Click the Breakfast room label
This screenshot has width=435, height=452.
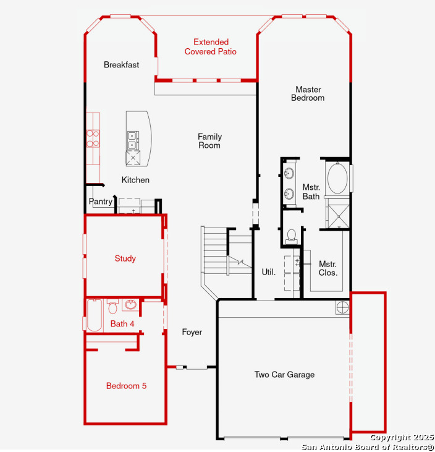pos(121,64)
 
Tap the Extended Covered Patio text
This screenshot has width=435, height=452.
pos(211,47)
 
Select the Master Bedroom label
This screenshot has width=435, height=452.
pos(308,93)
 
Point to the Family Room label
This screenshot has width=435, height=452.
pos(209,141)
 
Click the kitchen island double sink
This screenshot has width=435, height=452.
pos(133,140)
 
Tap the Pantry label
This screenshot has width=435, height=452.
pos(101,201)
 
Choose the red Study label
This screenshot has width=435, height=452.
pos(125,258)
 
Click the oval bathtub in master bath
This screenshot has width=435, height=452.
pos(337,179)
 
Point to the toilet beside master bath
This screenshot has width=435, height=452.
pos(292,236)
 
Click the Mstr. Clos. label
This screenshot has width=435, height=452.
pos(328,268)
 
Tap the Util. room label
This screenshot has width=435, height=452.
pos(269,272)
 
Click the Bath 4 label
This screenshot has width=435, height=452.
pos(122,324)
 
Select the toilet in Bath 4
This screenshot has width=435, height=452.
pos(112,307)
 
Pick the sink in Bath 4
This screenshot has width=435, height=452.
pos(131,304)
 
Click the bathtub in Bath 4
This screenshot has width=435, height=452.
pos(94,315)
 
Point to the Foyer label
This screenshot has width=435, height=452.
pos(192,332)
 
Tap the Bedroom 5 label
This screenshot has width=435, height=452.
pos(126,386)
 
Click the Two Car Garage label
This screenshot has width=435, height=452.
pos(284,375)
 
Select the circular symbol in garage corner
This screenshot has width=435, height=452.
pos(342,307)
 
